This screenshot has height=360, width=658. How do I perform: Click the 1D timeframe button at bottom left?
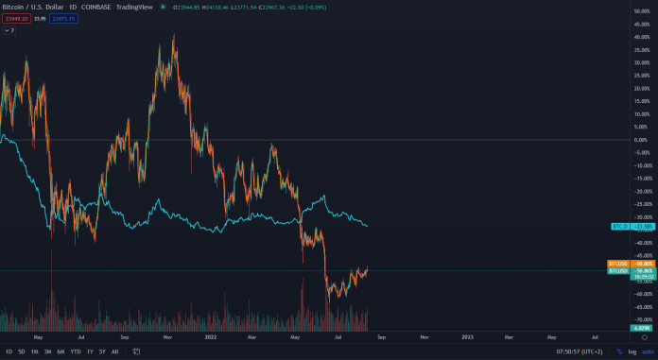click(x=9, y=351)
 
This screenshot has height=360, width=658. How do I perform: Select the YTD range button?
click(x=75, y=351)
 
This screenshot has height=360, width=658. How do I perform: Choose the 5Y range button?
click(x=102, y=351)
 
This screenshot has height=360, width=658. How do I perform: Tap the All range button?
click(x=115, y=351)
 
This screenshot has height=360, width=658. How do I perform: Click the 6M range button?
click(x=61, y=351)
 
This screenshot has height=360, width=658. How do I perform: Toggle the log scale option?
click(x=632, y=351)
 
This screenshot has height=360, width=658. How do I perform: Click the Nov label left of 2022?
click(x=167, y=336)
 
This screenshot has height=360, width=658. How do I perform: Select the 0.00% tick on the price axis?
click(x=640, y=140)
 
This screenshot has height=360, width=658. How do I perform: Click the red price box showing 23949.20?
click(x=16, y=19)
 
